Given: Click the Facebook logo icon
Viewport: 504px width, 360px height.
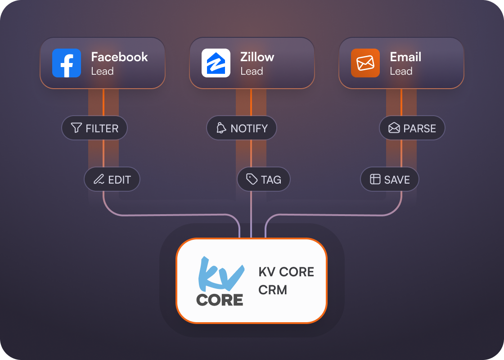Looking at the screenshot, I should pos(67,63).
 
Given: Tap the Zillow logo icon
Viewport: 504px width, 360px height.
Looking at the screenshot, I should pos(216,63).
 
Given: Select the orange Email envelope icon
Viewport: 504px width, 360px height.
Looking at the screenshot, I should pos(365,63).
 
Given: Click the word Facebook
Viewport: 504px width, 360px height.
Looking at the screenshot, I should pos(119,57).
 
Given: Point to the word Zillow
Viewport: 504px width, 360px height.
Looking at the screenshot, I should pos(257,57).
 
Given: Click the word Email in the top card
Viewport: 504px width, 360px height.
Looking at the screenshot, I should pos(405,57).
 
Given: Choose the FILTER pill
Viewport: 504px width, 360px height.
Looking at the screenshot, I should pos(94,128).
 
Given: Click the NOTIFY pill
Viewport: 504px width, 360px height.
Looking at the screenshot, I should pos(242,128).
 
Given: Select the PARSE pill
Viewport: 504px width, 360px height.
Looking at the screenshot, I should pos(412,128).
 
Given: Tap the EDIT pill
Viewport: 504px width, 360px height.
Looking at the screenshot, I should pos(112,180).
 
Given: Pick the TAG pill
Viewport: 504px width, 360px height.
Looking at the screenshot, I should pos(264,180).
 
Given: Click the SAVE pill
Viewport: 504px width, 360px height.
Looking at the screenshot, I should pos(390,180).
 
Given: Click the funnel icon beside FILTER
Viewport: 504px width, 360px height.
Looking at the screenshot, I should pos(76,128).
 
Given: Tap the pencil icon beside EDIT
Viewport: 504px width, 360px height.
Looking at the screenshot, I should pos(99,180).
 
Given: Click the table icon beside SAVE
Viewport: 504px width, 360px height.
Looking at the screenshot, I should pos(375,180).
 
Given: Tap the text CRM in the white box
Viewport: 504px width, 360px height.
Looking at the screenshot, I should pos(273,290).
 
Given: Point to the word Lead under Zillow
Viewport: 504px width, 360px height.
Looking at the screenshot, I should pos(252,71).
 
